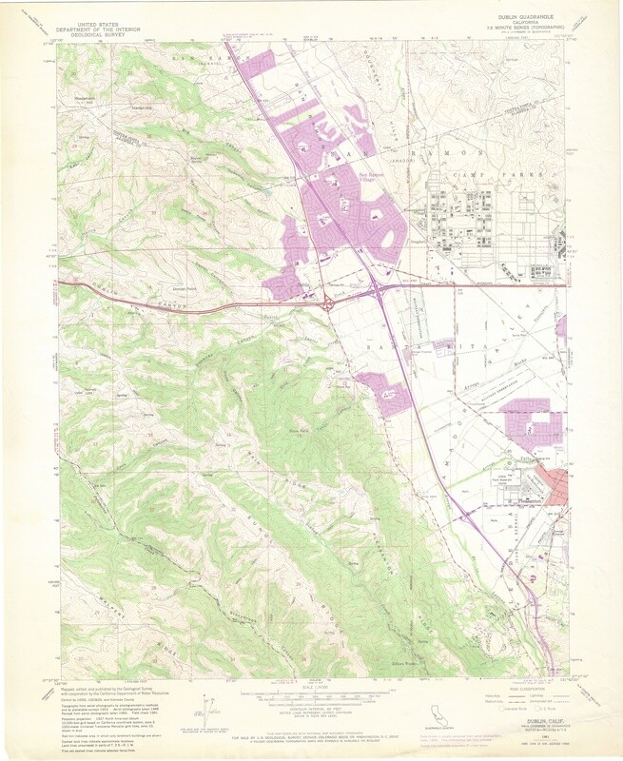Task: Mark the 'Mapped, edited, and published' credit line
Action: pyautogui.click(x=105, y=693)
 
